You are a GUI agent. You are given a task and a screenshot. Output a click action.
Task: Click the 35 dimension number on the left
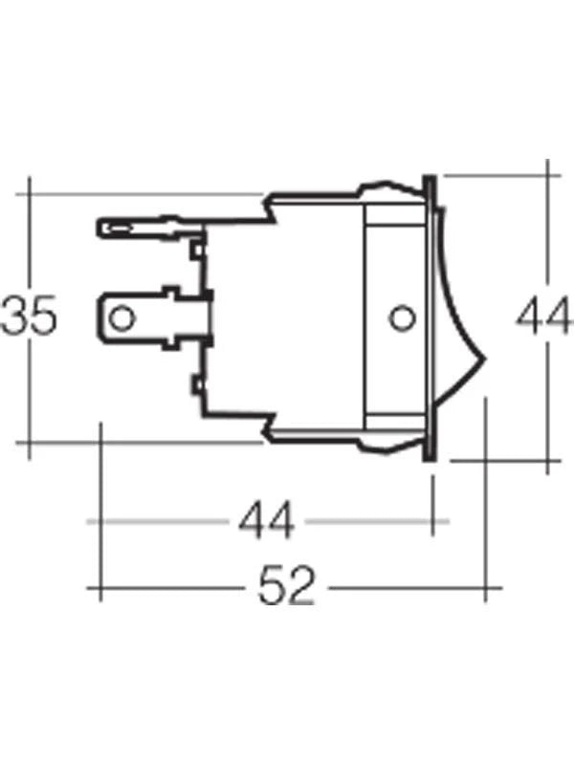29,317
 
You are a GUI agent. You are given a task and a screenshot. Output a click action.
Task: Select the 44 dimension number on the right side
543,317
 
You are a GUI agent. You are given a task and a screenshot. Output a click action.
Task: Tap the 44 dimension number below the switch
267,522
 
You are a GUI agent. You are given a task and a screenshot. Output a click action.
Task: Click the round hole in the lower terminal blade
121,317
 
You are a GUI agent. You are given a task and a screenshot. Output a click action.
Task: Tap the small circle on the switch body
400,316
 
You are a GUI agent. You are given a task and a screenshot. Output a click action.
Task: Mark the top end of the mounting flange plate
430,182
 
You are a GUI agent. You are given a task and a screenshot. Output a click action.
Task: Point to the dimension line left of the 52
172,586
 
